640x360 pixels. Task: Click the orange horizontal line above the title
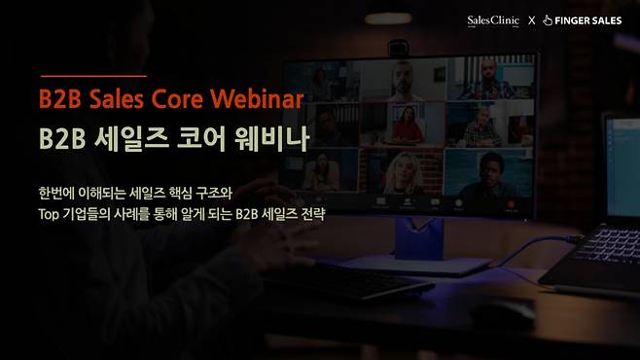click(x=92, y=75)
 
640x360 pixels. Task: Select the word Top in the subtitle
click(x=52, y=213)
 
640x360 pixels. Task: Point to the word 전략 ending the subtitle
click(x=310, y=213)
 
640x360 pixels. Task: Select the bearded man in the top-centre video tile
click(x=403, y=79)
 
